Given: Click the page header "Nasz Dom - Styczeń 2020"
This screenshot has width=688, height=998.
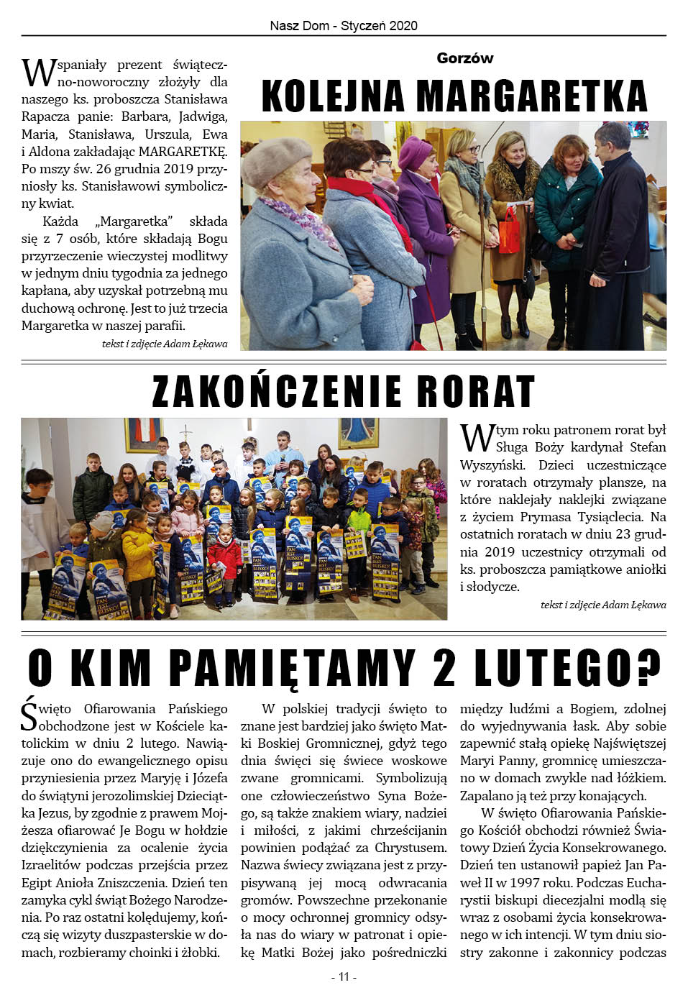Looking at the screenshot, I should tap(344, 26).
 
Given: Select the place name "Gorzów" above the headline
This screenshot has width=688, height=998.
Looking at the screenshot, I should tap(464, 58).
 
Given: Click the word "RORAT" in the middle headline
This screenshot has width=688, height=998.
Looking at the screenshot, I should tap(475, 391).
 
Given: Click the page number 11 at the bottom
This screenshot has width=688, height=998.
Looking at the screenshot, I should tap(344, 976).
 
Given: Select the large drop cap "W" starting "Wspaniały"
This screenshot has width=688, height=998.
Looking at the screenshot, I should tap(38, 73).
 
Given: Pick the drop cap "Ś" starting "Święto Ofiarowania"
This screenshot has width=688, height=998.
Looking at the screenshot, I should tap(29, 716).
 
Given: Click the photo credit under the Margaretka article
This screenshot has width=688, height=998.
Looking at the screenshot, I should tap(165, 344).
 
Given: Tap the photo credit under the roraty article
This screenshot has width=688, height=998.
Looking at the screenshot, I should tap(603, 605).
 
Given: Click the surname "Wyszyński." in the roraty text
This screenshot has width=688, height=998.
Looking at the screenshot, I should tap(492, 464).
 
